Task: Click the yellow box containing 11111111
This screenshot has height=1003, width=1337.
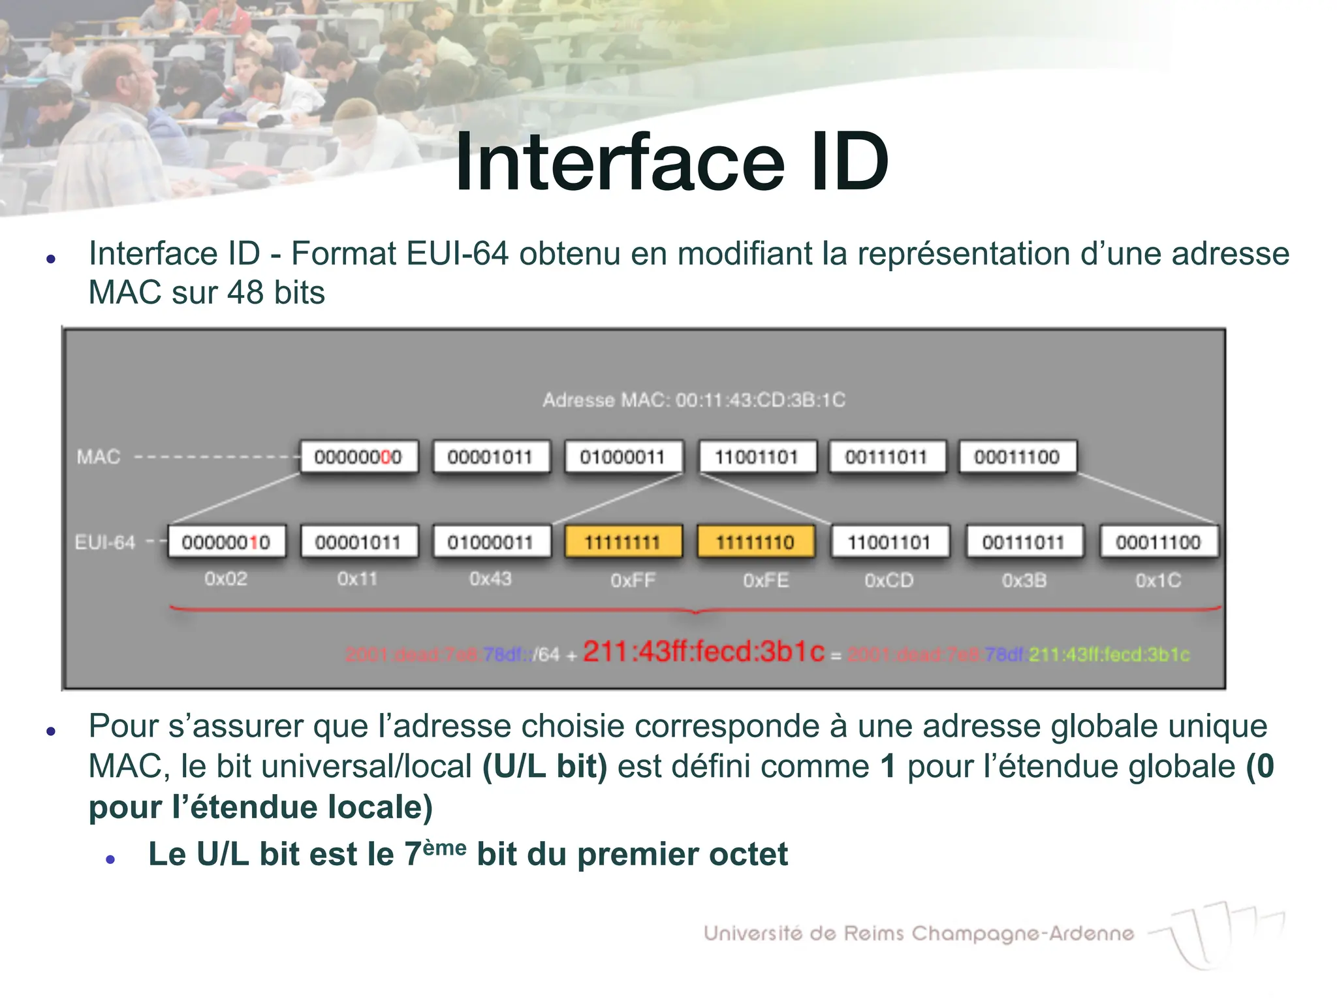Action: pyautogui.click(x=623, y=542)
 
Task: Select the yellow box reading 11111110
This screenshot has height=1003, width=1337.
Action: pyautogui.click(x=755, y=542)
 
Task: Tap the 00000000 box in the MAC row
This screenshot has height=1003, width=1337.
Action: pyautogui.click(x=358, y=456)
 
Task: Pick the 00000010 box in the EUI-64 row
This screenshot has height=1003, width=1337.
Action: pyautogui.click(x=226, y=542)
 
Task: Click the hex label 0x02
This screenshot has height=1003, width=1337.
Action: pyautogui.click(x=226, y=579)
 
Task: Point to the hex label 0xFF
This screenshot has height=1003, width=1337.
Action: pyautogui.click(x=633, y=581)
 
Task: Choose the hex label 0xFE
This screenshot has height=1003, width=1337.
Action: pyautogui.click(x=766, y=581)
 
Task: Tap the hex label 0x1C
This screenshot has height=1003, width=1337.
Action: pyautogui.click(x=1158, y=581)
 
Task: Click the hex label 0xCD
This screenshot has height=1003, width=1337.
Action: pyautogui.click(x=889, y=581)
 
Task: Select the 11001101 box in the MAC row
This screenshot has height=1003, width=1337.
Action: pyautogui.click(x=757, y=456)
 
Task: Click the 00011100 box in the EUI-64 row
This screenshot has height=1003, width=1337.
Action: pyautogui.click(x=1158, y=542)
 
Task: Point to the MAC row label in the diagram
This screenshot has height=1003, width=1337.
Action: pyautogui.click(x=99, y=456)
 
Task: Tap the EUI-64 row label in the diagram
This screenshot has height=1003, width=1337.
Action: pyautogui.click(x=105, y=543)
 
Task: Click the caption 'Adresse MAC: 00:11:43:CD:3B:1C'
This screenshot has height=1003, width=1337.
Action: pyautogui.click(x=694, y=400)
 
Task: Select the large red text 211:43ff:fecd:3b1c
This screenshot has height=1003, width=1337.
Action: pyautogui.click(x=704, y=652)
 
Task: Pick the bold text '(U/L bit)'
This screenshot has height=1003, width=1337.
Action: pyautogui.click(x=544, y=767)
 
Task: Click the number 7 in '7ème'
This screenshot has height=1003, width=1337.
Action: pyautogui.click(x=413, y=855)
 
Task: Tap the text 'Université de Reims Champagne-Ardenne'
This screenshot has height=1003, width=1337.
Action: pyautogui.click(x=919, y=934)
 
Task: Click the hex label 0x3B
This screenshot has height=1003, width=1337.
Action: pyautogui.click(x=1024, y=581)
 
